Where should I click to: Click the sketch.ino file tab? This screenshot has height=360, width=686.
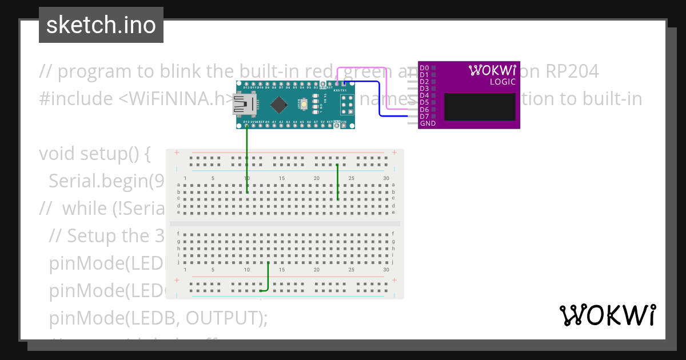pyautogui.click(x=101, y=25)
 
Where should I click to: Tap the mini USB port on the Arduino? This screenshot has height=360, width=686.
pyautogui.click(x=244, y=105)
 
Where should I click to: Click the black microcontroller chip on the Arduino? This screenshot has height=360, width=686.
pyautogui.click(x=278, y=105)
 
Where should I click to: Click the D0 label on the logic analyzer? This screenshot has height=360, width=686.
pyautogui.click(x=424, y=68)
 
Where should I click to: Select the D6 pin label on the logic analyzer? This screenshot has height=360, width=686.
pyautogui.click(x=424, y=110)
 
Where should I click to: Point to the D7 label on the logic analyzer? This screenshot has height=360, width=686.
pyautogui.click(x=424, y=117)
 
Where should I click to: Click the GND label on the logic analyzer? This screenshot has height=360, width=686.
pyautogui.click(x=428, y=123)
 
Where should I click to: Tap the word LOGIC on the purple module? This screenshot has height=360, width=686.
pyautogui.click(x=502, y=82)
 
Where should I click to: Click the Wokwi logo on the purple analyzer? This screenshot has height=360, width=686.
pyautogui.click(x=492, y=70)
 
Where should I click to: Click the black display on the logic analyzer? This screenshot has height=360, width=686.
pyautogui.click(x=479, y=107)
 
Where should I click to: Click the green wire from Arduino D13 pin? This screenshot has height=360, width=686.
pyautogui.click(x=247, y=160)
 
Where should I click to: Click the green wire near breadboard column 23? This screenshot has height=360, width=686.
pyautogui.click(x=338, y=182)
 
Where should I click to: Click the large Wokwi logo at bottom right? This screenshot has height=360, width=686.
pyautogui.click(x=607, y=315)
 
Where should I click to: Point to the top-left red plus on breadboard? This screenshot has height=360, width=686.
pyautogui.click(x=177, y=153)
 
